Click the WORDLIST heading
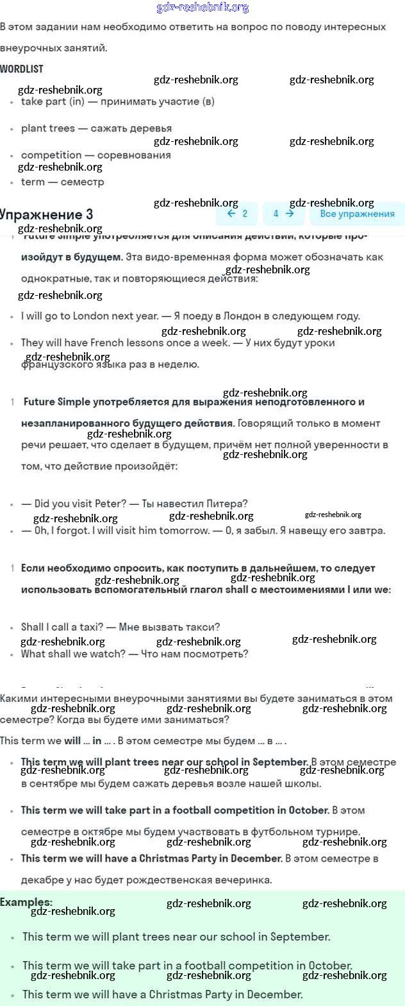coord(21,69)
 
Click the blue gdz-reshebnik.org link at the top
coord(202,8)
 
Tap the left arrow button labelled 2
coord(238,214)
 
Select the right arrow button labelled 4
coord(283,214)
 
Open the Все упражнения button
coord(357,214)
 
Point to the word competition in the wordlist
coord(51,155)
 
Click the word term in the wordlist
coord(33,182)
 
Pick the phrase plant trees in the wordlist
coord(48,128)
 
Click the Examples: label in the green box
coord(26,902)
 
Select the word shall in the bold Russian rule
coord(237,590)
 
